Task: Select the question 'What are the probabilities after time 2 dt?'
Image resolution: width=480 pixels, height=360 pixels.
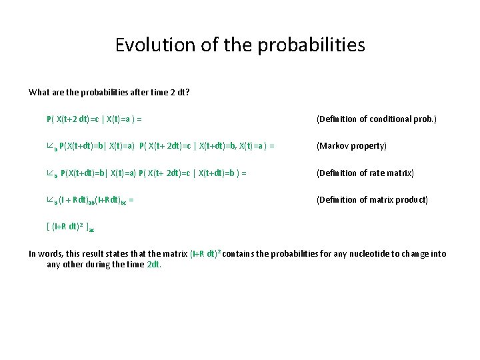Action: click(109, 92)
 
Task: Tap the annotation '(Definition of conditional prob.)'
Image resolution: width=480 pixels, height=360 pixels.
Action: click(377, 119)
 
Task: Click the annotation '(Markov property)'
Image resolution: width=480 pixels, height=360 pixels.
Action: click(351, 146)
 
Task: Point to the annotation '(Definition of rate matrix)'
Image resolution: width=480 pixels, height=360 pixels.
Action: click(365, 173)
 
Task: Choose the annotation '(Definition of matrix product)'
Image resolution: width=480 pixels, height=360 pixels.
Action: click(372, 200)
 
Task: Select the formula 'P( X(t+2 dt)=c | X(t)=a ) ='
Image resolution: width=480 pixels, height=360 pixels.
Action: click(94, 119)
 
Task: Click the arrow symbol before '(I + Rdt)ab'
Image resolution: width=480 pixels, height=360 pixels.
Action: click(51, 200)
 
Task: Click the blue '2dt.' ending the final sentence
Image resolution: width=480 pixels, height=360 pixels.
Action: click(154, 264)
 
